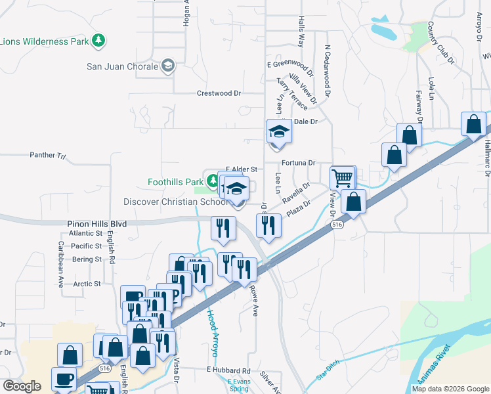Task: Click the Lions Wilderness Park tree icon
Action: (x=98, y=41)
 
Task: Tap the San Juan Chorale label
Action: (x=123, y=66)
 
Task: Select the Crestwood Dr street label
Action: (x=219, y=93)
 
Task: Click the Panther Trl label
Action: (x=48, y=156)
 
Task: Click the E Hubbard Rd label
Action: (x=228, y=371)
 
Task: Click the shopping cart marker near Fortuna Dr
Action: (x=342, y=177)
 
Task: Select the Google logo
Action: (x=22, y=386)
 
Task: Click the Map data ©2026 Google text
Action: (x=450, y=389)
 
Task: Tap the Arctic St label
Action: (x=87, y=284)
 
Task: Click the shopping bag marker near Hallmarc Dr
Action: (x=473, y=123)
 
